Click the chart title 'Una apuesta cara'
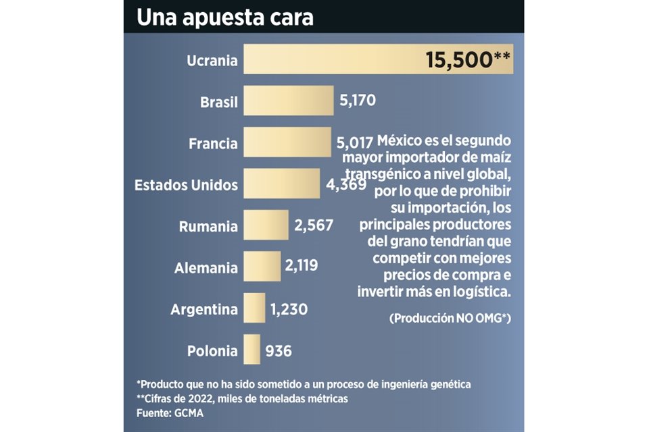(x=225, y=17)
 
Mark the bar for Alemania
(x=262, y=267)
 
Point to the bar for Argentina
(x=254, y=308)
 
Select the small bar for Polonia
(x=251, y=350)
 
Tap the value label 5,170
(x=357, y=101)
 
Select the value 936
(x=279, y=351)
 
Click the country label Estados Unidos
(x=187, y=184)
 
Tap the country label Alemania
(x=206, y=267)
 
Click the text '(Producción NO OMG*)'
(x=449, y=318)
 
